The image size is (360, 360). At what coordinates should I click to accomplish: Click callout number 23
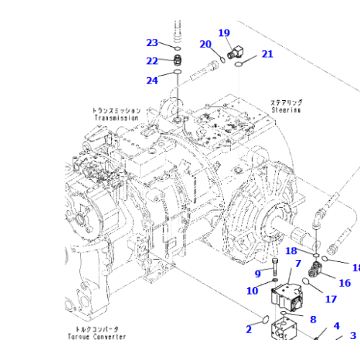coord(152,42)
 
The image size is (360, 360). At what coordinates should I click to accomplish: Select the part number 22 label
coord(152,61)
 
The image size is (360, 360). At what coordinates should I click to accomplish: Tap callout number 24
coord(152,81)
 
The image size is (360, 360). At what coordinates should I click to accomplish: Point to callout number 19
coord(224,33)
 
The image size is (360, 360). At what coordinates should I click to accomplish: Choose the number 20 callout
coord(205,45)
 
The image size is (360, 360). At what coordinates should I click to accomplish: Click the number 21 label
coord(267,54)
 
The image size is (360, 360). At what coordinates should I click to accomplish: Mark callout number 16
coord(345,283)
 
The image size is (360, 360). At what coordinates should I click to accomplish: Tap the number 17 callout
coord(330,300)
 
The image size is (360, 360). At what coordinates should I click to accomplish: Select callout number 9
coord(258,274)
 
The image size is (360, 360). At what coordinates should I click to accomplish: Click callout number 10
coord(252,291)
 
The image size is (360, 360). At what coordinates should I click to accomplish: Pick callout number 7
coord(297,264)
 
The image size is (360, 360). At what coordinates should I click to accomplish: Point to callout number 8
coord(312,320)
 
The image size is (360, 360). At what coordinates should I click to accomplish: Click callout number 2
coord(248,329)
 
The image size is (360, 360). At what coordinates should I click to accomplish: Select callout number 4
coord(336,326)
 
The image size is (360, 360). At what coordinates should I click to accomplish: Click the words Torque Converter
coord(96,336)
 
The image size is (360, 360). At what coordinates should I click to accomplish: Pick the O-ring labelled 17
coord(310,284)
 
